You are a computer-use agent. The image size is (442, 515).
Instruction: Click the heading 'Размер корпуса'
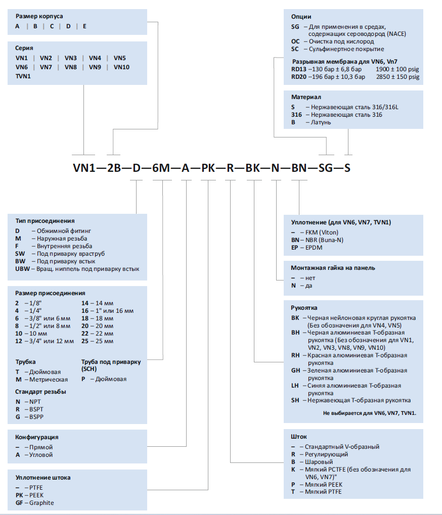39,16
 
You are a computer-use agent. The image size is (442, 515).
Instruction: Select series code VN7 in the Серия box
46,67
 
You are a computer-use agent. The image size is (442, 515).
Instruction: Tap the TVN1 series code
23,76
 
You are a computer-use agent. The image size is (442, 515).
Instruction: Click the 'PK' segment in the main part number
208,168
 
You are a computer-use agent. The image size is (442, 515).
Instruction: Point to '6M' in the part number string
161,168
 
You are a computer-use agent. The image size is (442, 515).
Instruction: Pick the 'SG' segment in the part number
326,168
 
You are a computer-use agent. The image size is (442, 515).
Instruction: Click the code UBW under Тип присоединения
22,269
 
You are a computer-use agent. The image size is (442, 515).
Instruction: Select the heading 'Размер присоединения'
50,293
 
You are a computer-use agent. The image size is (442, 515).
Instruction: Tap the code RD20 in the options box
299,77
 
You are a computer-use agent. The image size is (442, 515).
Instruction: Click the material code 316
296,115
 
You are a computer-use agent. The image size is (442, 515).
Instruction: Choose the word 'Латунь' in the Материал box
321,122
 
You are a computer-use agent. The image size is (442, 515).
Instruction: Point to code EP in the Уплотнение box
294,248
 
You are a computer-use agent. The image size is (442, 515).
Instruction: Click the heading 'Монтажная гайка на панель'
333,268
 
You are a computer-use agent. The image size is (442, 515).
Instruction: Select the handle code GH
295,370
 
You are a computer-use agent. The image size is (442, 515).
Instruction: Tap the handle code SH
295,400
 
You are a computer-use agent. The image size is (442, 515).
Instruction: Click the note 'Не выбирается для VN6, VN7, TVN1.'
370,413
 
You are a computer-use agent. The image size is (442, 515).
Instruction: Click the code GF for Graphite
19,503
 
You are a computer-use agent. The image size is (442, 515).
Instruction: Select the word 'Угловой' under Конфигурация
41,455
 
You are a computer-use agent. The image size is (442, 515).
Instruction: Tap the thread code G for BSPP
18,417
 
